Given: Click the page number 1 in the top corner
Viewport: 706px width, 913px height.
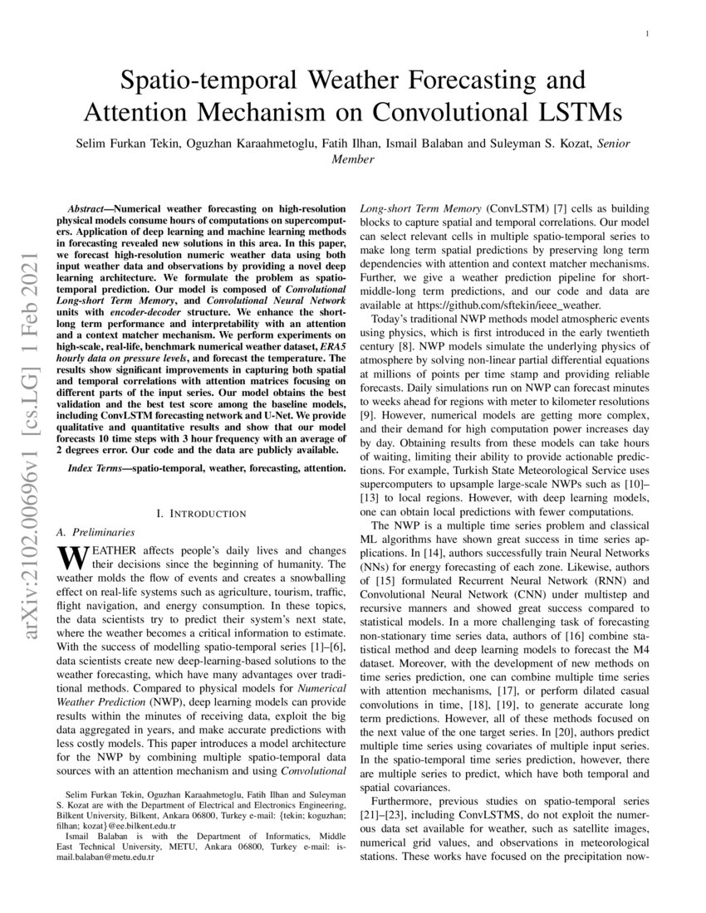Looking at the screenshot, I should click(x=646, y=33).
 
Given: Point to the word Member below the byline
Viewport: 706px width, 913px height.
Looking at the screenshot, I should click(x=353, y=158).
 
